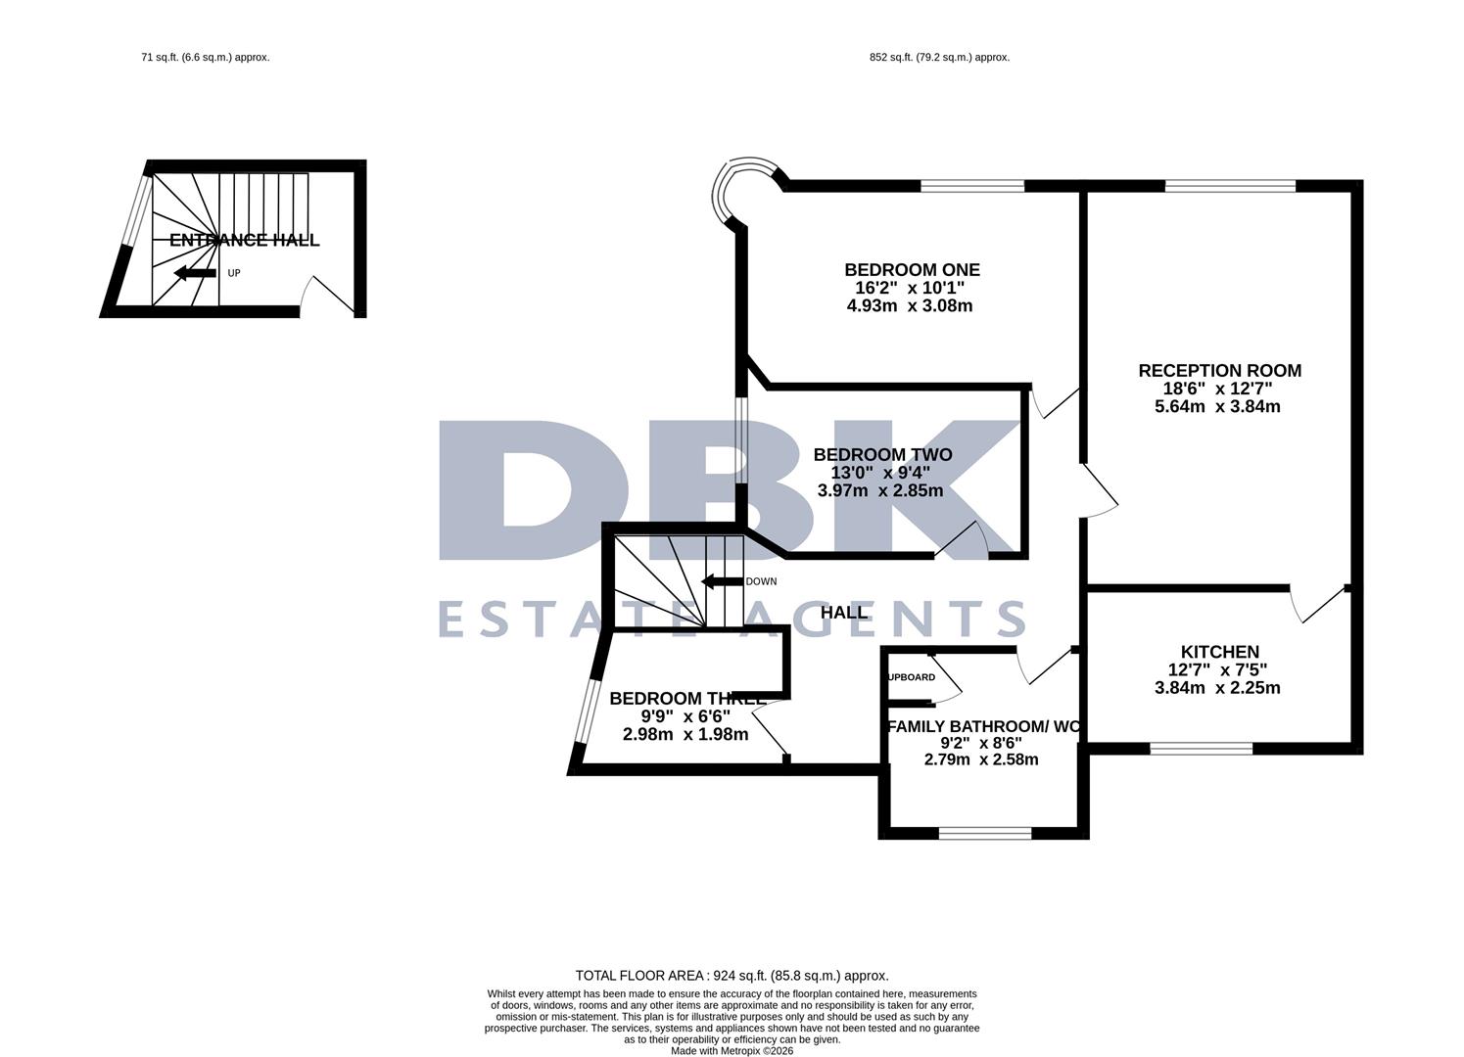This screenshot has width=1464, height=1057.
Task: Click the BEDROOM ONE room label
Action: click(x=912, y=270)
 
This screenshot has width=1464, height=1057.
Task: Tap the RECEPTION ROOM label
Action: click(x=1219, y=371)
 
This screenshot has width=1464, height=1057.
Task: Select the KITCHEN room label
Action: click(x=1219, y=652)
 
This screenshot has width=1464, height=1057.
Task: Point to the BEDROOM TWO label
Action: click(x=882, y=455)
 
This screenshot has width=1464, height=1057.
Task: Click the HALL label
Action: click(x=843, y=613)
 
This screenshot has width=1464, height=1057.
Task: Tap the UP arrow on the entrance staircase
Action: click(x=195, y=273)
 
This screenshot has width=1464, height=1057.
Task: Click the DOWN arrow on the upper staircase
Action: click(x=722, y=581)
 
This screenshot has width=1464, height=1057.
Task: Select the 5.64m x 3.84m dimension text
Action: click(x=1217, y=406)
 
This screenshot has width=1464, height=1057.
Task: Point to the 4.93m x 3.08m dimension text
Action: click(x=910, y=305)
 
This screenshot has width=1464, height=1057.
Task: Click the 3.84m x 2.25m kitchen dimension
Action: click(x=1217, y=687)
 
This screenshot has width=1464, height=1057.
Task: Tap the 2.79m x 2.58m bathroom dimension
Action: click(x=981, y=759)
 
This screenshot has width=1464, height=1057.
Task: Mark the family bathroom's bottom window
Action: click(x=984, y=833)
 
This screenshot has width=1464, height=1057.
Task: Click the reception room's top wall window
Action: click(x=1230, y=185)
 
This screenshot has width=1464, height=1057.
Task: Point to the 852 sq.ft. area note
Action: click(x=939, y=58)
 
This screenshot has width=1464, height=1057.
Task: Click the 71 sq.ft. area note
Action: click(x=205, y=58)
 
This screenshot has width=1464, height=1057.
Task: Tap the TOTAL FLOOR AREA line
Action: click(x=732, y=976)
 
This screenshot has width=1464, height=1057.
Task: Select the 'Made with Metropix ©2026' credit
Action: click(x=732, y=1051)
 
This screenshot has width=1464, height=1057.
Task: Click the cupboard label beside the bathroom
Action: click(x=912, y=677)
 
